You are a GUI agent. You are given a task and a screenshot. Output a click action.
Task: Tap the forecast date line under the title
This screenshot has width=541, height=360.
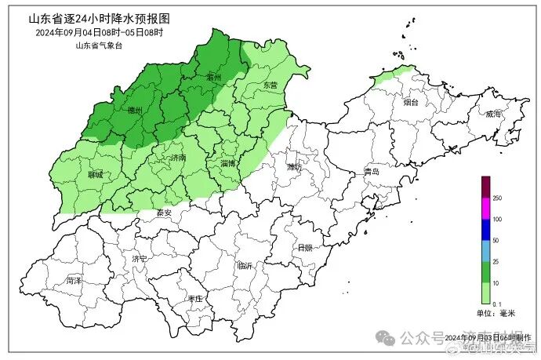(99, 32)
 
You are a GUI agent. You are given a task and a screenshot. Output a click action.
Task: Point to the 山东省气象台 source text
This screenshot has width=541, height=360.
(100, 45)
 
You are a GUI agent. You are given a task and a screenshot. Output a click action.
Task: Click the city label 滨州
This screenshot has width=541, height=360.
(213, 77)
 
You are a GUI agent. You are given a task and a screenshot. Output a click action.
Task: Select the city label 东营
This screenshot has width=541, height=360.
(270, 84)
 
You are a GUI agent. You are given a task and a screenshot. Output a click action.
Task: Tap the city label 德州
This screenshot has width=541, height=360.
(135, 111)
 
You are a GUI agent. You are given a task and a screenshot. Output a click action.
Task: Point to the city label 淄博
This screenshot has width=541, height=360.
(229, 164)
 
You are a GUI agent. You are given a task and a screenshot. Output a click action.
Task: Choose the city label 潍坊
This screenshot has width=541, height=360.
(294, 167)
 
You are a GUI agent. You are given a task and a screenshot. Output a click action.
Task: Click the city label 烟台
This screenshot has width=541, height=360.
(411, 103)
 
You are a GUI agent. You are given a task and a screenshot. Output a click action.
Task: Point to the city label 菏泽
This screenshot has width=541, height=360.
(74, 280)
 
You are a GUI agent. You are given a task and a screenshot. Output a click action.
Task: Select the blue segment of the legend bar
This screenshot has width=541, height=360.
(485, 229)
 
